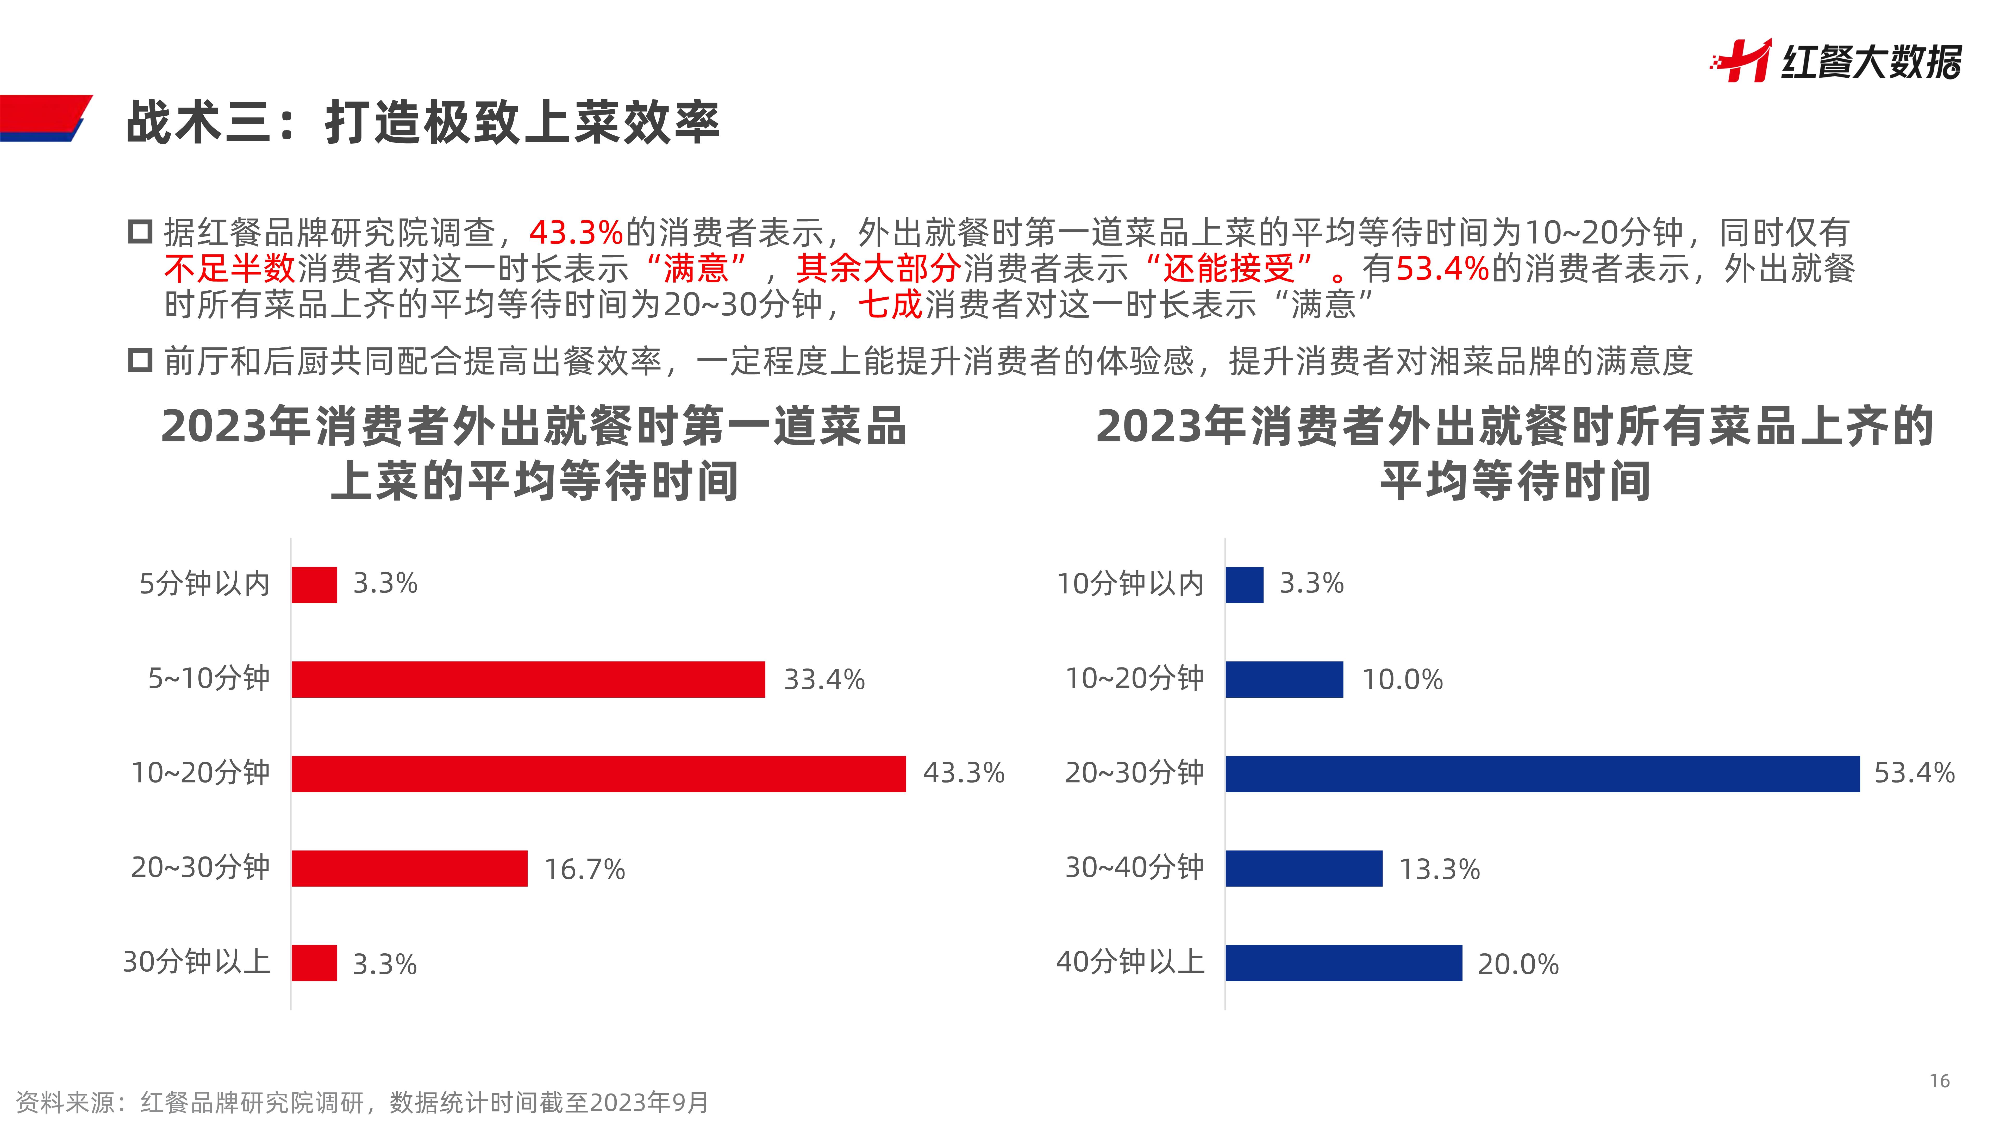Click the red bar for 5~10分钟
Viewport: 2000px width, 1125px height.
[528, 679]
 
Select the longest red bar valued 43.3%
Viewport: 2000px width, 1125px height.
[598, 774]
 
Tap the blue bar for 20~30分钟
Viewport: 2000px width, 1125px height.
[1542, 774]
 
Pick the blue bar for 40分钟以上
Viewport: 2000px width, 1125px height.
[1343, 963]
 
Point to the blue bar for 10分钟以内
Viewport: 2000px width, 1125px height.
[1244, 585]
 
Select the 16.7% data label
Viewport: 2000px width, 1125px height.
[584, 869]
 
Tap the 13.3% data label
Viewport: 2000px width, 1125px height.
[1439, 869]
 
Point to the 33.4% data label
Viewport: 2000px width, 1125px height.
[824, 679]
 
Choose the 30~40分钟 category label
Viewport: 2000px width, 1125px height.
[1134, 867]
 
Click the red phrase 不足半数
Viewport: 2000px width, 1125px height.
[230, 269]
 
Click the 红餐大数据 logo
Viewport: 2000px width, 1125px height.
[1836, 61]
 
